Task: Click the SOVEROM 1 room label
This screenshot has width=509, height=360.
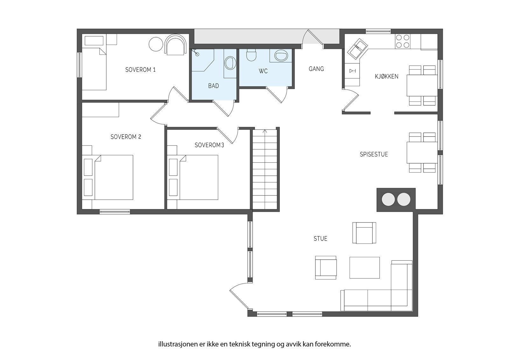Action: [140, 70]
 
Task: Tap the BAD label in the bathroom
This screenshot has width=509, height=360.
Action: [213, 86]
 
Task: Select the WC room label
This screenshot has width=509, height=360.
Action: [263, 71]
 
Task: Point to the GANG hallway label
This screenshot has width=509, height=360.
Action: [316, 69]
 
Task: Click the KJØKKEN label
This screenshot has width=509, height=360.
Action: [387, 76]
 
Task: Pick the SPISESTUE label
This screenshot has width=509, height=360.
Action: [374, 154]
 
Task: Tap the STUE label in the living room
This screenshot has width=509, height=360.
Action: [320, 238]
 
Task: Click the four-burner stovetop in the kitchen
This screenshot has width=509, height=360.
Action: [403, 41]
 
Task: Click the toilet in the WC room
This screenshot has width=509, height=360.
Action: [251, 54]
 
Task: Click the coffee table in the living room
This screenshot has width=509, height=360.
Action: [365, 267]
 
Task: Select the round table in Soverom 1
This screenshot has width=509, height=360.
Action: [156, 44]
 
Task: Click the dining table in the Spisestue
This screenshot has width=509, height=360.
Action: [422, 152]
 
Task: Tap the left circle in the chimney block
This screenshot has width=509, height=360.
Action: [388, 200]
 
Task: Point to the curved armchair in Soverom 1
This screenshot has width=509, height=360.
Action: [176, 45]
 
